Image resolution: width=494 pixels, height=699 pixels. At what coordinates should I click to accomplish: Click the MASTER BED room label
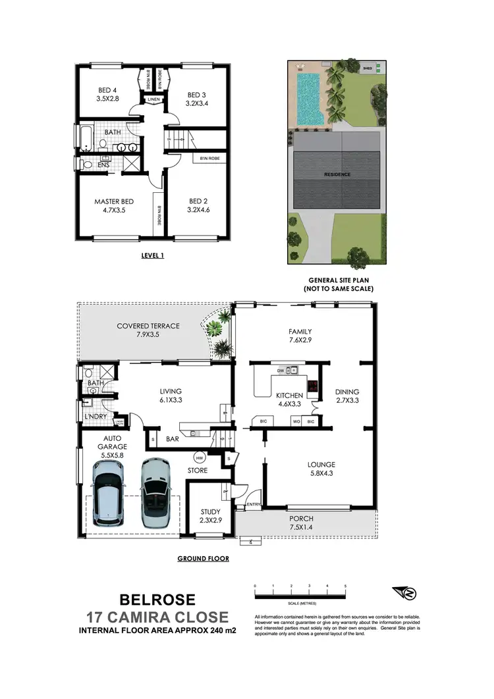click(x=114, y=201)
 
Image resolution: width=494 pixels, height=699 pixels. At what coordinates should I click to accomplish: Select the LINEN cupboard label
click(x=153, y=100)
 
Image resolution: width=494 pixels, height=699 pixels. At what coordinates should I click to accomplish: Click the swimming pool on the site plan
click(x=309, y=98)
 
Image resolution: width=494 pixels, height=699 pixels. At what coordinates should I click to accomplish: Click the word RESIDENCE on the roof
click(x=337, y=174)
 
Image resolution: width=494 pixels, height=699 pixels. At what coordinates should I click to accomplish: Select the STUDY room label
click(x=210, y=511)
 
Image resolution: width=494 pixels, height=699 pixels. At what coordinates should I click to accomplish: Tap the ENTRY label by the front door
click(x=253, y=505)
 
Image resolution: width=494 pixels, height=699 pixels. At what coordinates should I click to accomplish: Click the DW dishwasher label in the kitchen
click(x=281, y=370)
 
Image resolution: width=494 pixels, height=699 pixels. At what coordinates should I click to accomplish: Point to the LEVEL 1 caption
click(x=152, y=256)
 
